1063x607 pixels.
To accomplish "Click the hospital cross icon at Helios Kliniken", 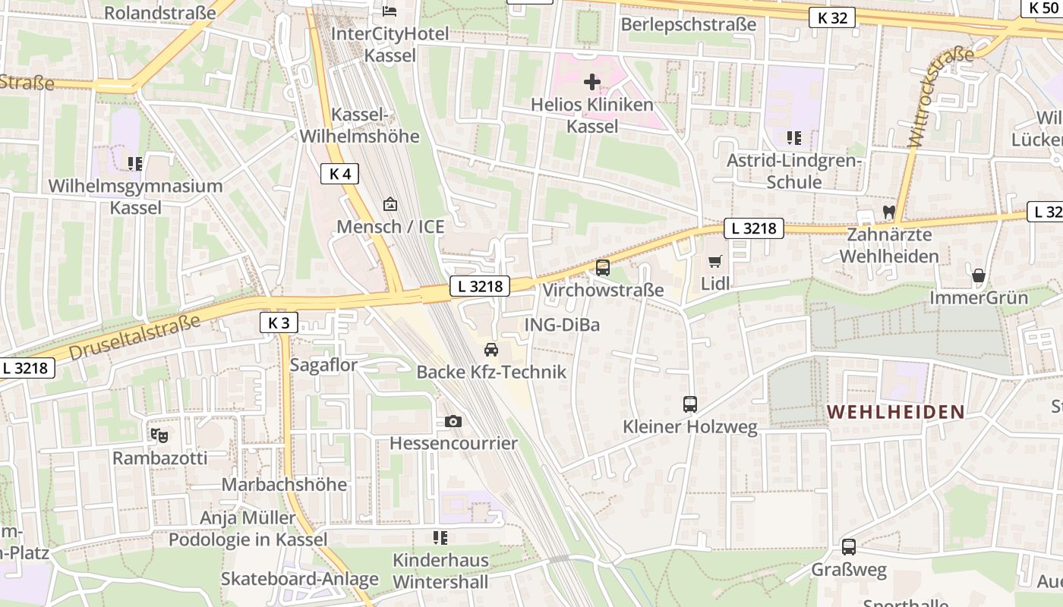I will (592, 81).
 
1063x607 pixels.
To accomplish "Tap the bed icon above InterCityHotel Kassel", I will (390, 11).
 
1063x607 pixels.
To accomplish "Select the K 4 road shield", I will (339, 174).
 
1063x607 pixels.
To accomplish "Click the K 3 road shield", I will (279, 322).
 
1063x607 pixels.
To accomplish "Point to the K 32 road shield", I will (832, 17).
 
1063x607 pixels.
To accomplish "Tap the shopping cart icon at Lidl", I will (714, 262).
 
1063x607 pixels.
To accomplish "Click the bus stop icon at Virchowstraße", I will (603, 267).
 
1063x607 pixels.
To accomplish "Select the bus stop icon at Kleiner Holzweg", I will (689, 404).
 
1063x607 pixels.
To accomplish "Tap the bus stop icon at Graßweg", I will (848, 547).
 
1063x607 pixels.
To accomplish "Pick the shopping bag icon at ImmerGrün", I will (979, 275).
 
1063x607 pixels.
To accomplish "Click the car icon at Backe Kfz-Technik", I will (491, 350).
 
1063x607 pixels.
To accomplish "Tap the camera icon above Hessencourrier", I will (453, 421).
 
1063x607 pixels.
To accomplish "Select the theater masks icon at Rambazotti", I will (159, 436).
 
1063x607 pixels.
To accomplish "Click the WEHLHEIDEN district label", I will (895, 412).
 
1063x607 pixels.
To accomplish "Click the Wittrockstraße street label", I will (940, 97).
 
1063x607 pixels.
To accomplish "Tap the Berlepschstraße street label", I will (688, 24).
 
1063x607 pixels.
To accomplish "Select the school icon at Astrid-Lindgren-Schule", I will (794, 138).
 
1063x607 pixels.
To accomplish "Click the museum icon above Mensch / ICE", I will (390, 203).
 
